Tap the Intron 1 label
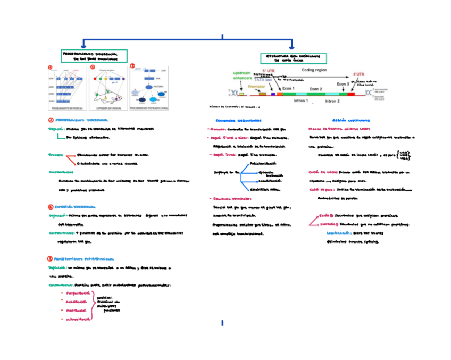click(300, 101)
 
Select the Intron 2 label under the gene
click(332, 101)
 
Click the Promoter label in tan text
click(256, 86)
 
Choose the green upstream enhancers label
click(243, 76)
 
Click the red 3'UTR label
click(358, 75)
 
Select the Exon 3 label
click(343, 83)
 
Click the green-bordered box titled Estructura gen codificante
click(293, 58)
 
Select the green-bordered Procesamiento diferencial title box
click(94, 56)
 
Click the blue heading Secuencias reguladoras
click(238, 121)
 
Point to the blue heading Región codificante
click(343, 121)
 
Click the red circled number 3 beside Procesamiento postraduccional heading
click(51, 258)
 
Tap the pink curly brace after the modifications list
click(93, 307)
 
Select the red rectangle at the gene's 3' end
click(351, 94)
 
